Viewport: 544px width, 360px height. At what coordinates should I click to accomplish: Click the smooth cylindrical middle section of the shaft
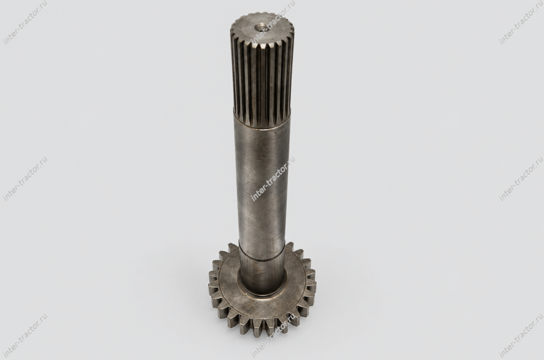click(262, 185)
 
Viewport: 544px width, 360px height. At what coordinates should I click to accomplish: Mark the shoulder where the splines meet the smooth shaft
click(262, 124)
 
